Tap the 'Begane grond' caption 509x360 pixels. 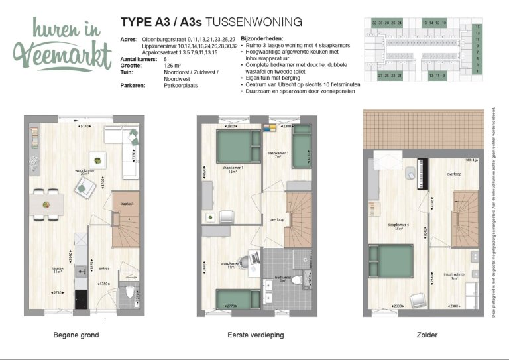76,335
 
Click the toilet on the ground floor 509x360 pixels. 129,294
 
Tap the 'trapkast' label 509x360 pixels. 121,204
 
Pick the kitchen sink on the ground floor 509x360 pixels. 81,269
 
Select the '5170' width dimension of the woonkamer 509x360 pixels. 84,125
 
